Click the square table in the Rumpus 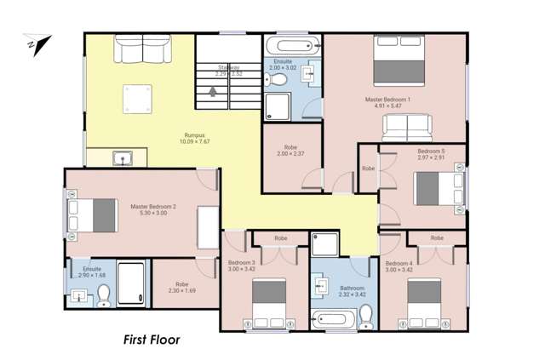click(x=135, y=99)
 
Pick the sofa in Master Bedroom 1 click(x=406, y=126)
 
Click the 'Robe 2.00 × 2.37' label click(x=289, y=150)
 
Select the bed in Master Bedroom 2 click(x=93, y=214)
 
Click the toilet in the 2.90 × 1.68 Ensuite click(x=104, y=295)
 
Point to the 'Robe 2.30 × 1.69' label click(x=181, y=288)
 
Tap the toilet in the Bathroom click(x=367, y=317)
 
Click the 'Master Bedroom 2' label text click(x=153, y=207)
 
